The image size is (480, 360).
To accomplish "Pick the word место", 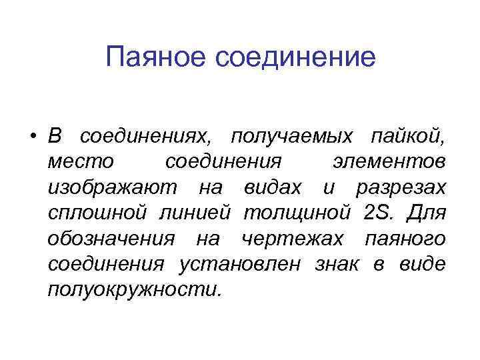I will (81, 163).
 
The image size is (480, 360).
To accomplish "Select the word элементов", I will (389, 163).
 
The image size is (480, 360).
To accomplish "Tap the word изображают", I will (113, 188).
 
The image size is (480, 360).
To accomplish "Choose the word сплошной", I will (97, 213).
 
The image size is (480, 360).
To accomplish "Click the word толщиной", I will (297, 213).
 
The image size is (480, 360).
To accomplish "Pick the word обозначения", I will (112, 238).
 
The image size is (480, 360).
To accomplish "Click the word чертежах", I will (293, 238).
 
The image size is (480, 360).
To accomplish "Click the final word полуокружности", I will (133, 289).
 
